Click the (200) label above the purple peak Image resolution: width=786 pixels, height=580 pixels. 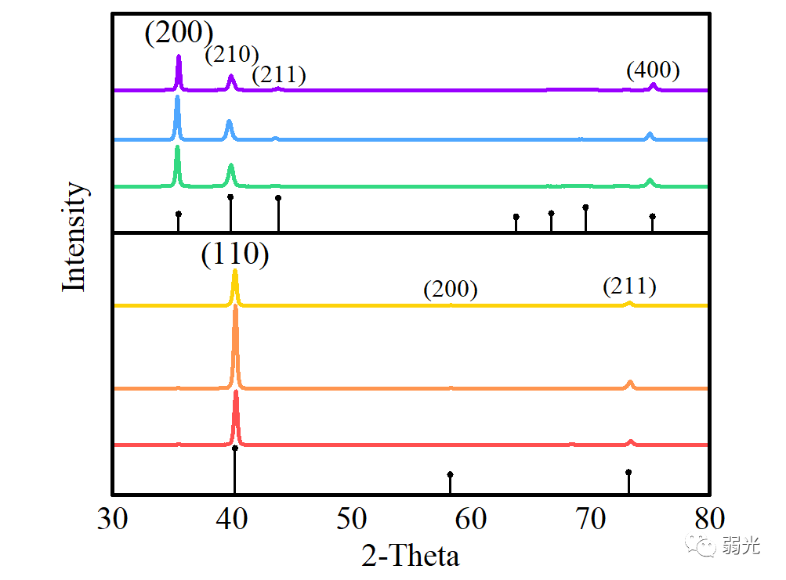(x=179, y=33)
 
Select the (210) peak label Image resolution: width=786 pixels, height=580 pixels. (x=232, y=55)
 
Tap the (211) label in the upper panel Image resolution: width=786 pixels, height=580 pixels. (x=278, y=75)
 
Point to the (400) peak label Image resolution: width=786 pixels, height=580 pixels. (x=653, y=70)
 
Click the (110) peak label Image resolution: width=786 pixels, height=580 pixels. (x=235, y=255)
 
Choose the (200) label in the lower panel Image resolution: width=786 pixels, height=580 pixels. (x=451, y=289)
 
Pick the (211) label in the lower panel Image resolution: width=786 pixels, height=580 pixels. (x=629, y=286)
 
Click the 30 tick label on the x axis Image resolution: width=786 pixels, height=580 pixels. (x=114, y=519)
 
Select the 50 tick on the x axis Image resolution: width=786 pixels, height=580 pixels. (x=352, y=519)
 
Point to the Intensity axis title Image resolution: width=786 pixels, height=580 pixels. (x=74, y=236)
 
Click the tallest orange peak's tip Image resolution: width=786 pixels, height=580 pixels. (x=235, y=307)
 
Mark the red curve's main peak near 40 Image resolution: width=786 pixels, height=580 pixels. (x=236, y=391)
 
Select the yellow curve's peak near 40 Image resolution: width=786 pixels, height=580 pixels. (x=235, y=272)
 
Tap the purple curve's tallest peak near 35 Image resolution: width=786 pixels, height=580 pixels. (x=179, y=56)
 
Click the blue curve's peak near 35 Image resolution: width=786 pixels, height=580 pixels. (x=177, y=97)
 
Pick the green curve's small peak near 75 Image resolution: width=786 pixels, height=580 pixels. (x=650, y=180)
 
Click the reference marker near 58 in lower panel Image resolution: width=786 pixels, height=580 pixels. (x=450, y=474)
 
